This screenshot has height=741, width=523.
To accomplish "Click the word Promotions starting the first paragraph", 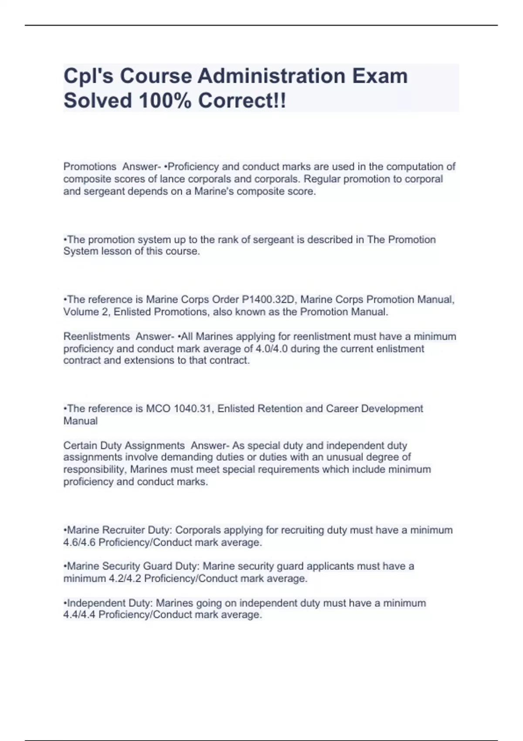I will [x=90, y=167].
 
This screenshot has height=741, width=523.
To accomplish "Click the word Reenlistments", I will [x=96, y=337].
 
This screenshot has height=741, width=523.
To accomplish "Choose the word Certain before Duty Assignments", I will [x=80, y=445].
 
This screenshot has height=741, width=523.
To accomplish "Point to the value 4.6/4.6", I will [x=80, y=543].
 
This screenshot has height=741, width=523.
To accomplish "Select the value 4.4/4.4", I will [x=80, y=615].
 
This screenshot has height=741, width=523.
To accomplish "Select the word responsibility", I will [x=95, y=470].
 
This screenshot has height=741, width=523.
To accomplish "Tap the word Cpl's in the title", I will [x=89, y=76].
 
